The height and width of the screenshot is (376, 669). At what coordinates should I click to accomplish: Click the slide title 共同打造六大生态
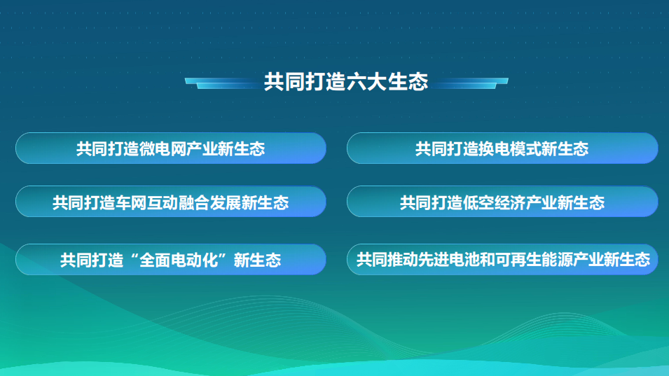pyautogui.click(x=346, y=81)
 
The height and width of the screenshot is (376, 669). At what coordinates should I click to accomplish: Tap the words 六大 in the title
pyautogui.click(x=366, y=81)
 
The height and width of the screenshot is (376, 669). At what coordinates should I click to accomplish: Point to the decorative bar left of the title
pyautogui.click(x=222, y=83)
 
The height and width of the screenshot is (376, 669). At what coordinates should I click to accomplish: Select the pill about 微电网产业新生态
pyautogui.click(x=171, y=148)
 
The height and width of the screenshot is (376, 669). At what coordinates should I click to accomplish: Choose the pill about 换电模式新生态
pyautogui.click(x=502, y=148)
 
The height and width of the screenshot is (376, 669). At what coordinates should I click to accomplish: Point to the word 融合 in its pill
pyautogui.click(x=194, y=202)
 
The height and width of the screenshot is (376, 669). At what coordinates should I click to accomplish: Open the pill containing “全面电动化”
pyautogui.click(x=171, y=259)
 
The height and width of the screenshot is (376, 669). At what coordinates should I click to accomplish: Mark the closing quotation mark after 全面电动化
pyautogui.click(x=226, y=256)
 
